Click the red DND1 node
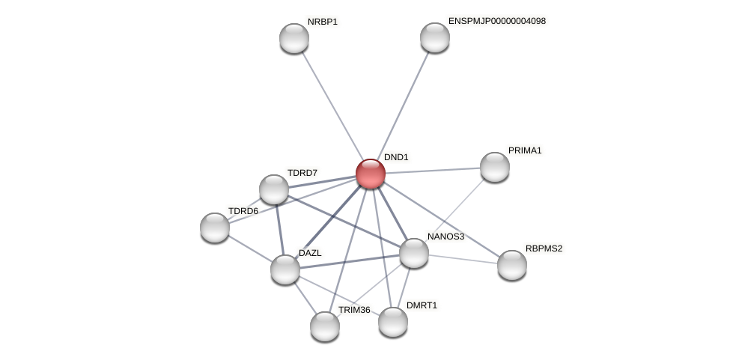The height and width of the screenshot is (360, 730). pos(370,174)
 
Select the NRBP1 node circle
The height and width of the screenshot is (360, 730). pos(294,38)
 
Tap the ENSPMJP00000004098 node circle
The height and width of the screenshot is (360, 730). pos(434,37)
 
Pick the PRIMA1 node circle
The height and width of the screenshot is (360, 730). pos(494,167)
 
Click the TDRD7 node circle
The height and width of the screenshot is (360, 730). pos(274,189)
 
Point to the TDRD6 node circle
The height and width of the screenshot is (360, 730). pos(215,228)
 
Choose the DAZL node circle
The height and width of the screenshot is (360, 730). pos(285,269)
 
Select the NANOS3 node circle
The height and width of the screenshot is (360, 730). pos(414,253)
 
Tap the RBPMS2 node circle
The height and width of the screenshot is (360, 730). pos(512,265)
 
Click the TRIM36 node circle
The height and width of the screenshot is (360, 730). pos(325,326)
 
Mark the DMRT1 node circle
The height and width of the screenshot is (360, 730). pos(393,322)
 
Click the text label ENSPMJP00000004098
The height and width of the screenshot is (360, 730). pos(496,21)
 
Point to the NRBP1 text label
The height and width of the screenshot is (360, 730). pos(323,22)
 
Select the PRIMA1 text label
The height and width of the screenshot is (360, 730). pos(524,150)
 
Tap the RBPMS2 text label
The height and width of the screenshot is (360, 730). pos(544,248)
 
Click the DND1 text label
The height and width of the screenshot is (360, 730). pos(396,157)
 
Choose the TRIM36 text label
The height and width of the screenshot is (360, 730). pos(354,310)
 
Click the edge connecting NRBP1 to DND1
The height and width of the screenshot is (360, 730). pos(332,105)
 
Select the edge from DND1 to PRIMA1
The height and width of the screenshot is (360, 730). pos(432,171)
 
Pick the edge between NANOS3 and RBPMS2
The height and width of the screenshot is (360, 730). pos(463,259)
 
